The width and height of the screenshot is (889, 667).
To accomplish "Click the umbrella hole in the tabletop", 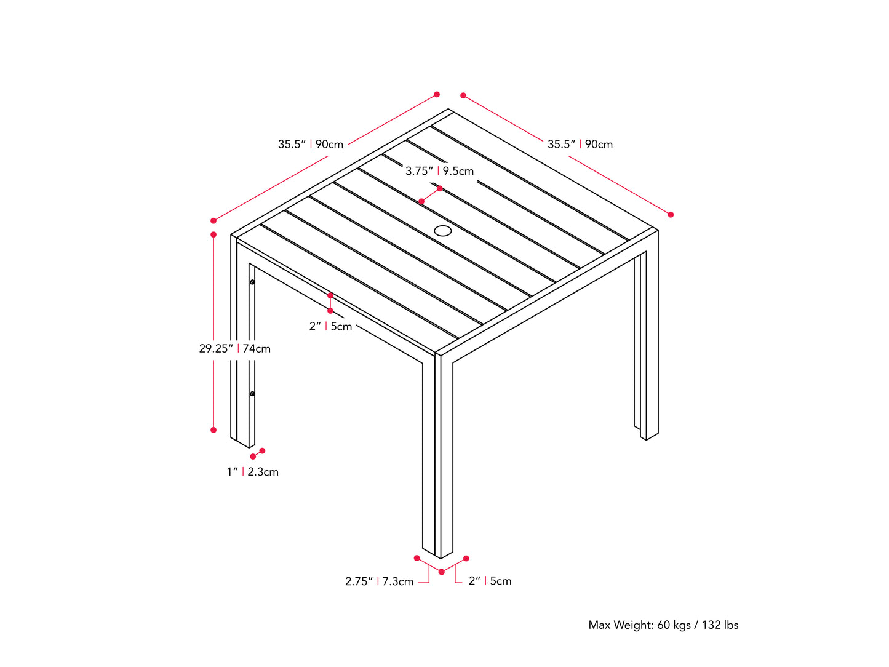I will pyautogui.click(x=443, y=231).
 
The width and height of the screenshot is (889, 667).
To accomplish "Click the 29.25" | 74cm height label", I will pyautogui.click(x=234, y=348).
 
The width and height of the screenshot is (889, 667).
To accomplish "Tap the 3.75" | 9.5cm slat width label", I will pyautogui.click(x=439, y=171).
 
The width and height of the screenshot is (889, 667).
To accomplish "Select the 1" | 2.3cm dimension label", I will pyautogui.click(x=252, y=472).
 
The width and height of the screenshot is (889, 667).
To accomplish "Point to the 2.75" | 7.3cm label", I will pyautogui.click(x=379, y=581).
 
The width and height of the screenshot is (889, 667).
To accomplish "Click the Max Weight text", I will pyautogui.click(x=663, y=625).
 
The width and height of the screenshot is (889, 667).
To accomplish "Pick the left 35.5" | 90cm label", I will pyautogui.click(x=311, y=144).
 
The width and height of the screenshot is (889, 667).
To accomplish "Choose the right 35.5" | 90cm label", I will pyautogui.click(x=580, y=144).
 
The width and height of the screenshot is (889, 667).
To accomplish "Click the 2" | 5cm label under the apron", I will pyautogui.click(x=330, y=326).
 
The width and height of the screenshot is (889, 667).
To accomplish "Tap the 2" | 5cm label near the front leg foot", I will pyautogui.click(x=490, y=581).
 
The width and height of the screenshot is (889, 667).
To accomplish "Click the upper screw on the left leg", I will pyautogui.click(x=252, y=282).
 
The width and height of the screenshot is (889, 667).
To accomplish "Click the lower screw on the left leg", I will pyautogui.click(x=252, y=394).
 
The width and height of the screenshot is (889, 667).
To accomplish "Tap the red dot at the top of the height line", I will pyautogui.click(x=213, y=234).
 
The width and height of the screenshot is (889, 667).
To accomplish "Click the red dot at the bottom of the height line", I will pyautogui.click(x=213, y=430).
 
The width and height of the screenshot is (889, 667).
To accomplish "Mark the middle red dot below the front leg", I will pyautogui.click(x=442, y=572).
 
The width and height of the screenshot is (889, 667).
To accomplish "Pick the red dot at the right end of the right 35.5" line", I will pyautogui.click(x=671, y=215).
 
